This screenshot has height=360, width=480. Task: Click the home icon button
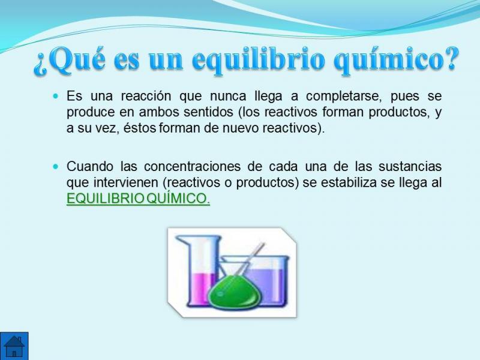click(14, 346)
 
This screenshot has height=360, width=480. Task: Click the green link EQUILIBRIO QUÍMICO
click(139, 199)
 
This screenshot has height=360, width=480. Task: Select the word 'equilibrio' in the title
click(259, 60)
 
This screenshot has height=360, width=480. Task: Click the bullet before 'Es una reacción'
click(55, 96)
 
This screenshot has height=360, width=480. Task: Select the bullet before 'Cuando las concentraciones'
click(55, 167)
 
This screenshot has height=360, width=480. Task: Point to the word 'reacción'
click(146, 96)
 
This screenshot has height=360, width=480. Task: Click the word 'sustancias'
click(410, 167)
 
